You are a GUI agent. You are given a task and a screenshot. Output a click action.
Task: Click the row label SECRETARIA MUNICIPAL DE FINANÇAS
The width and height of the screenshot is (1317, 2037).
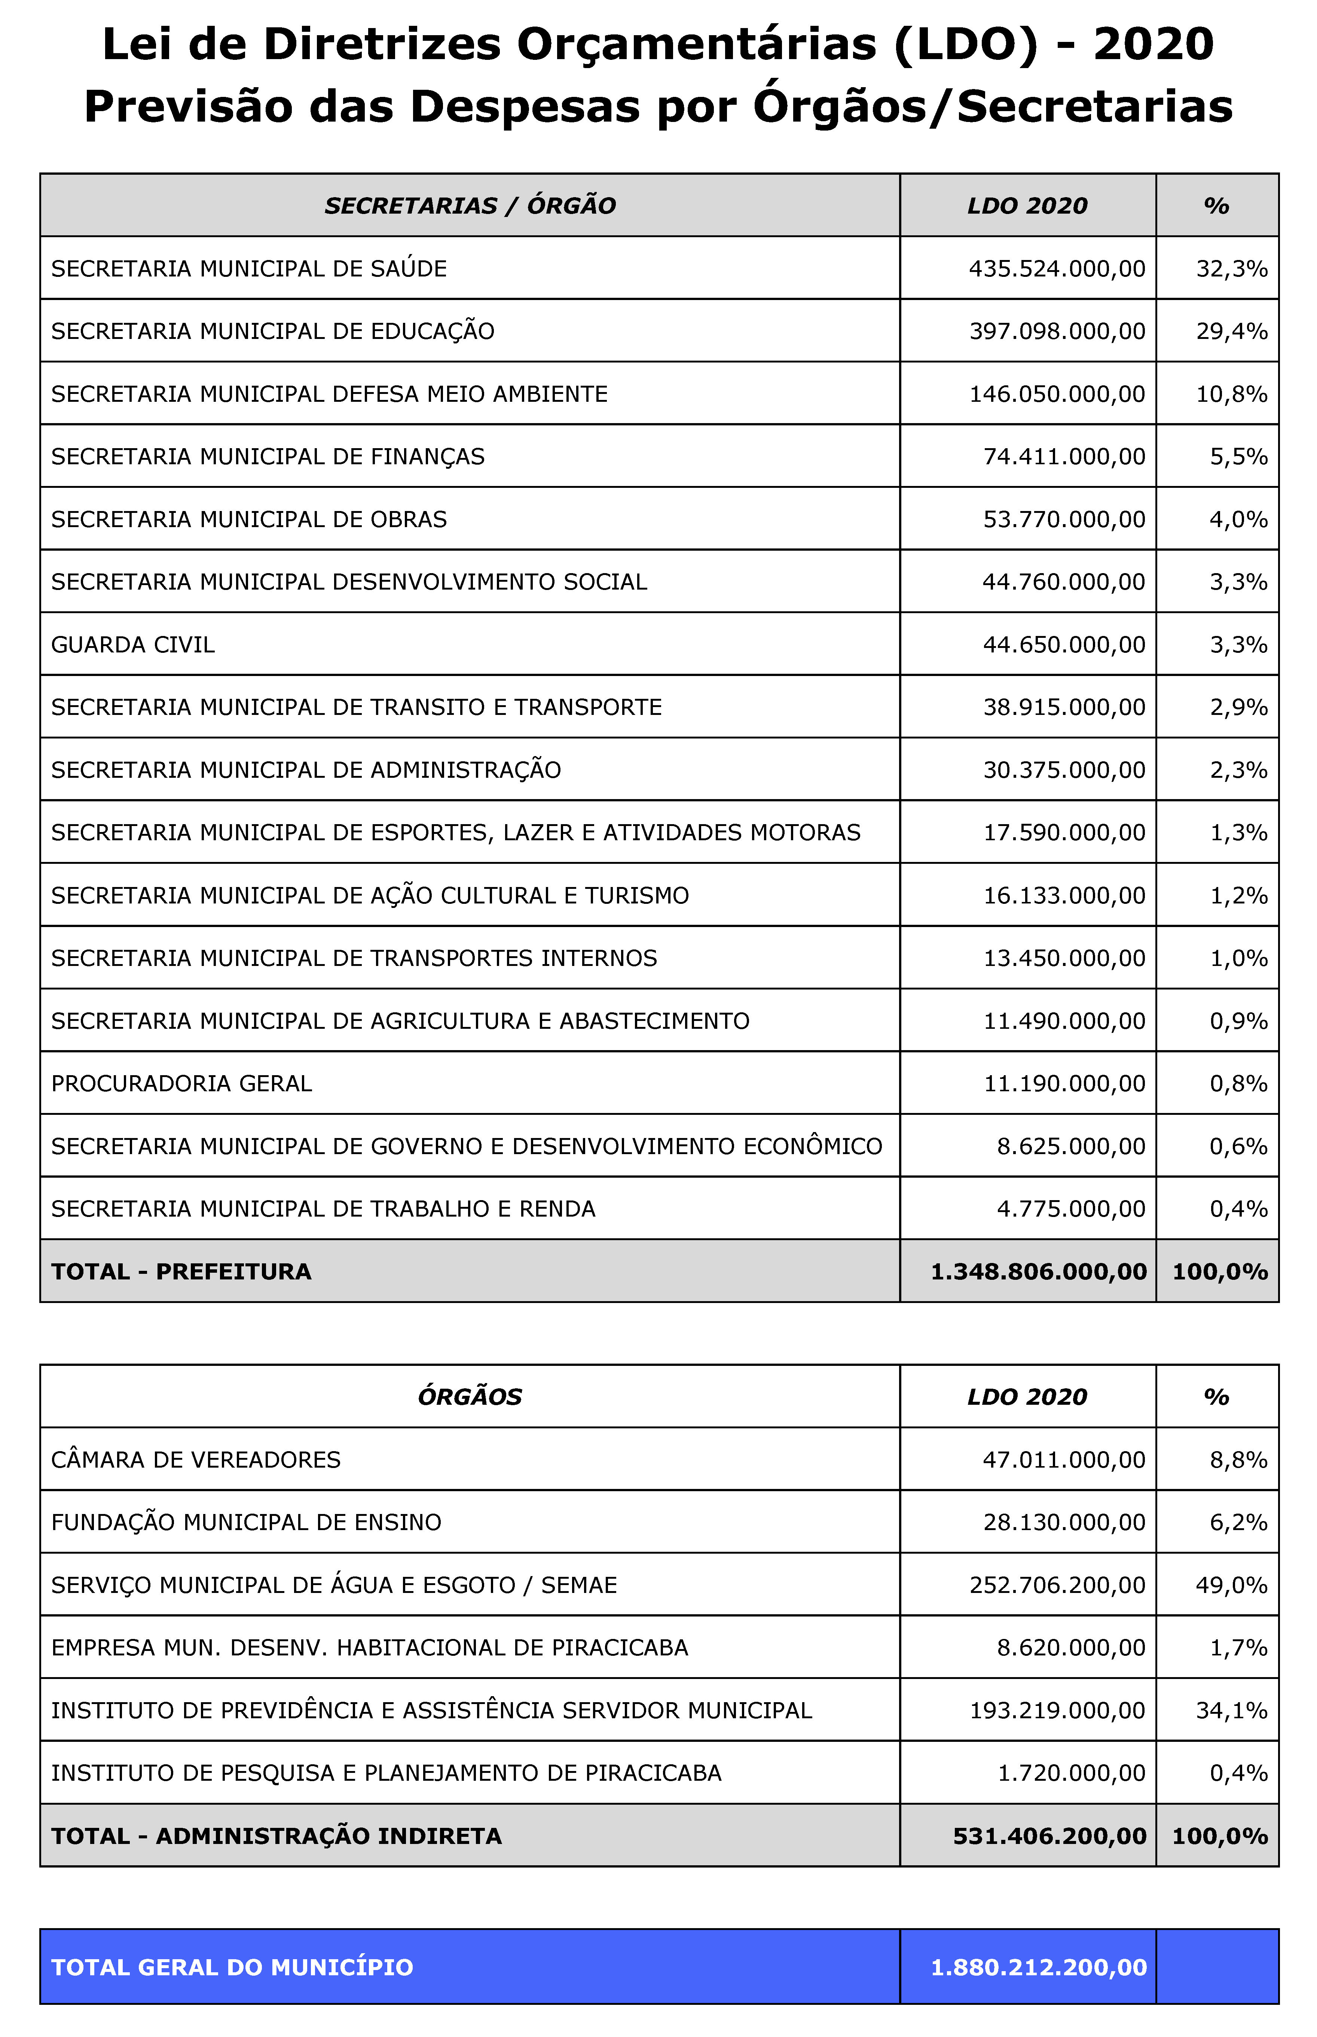(x=268, y=457)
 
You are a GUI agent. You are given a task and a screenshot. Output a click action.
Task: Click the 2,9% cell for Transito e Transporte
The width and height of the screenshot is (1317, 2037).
(x=1237, y=707)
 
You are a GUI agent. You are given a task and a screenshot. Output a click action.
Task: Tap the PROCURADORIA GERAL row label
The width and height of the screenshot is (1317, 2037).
(x=181, y=1083)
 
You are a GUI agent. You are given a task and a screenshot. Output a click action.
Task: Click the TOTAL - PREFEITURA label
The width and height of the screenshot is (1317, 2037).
(x=181, y=1272)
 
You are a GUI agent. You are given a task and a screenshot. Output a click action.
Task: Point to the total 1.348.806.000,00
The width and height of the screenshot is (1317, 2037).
(x=1038, y=1272)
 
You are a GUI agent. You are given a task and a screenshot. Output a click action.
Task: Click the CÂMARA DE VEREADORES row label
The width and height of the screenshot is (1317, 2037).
(x=196, y=1460)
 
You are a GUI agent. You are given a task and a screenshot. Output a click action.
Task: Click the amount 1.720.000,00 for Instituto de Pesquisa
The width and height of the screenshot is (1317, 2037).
(x=1071, y=1773)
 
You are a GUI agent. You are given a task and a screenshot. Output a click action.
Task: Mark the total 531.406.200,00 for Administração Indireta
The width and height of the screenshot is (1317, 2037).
(x=1049, y=1836)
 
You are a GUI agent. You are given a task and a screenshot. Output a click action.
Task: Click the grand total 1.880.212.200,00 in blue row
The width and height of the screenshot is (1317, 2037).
(x=1038, y=1967)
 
